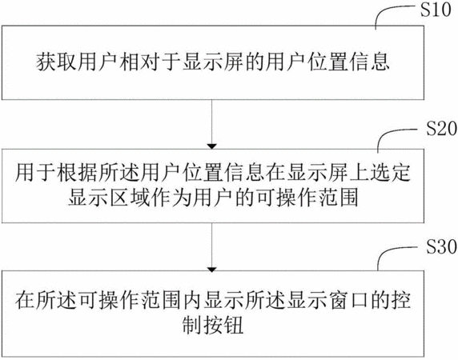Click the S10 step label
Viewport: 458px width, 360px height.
click(x=436, y=10)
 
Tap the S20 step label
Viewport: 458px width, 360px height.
click(x=441, y=129)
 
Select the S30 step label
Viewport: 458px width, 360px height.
click(x=441, y=247)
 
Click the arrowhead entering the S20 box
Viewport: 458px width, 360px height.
click(x=211, y=146)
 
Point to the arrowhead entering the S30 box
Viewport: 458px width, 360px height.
click(x=211, y=270)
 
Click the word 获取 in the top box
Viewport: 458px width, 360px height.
click(x=56, y=62)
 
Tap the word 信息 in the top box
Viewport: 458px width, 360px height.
click(x=371, y=62)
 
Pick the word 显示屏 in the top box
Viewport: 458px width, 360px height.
click(x=213, y=62)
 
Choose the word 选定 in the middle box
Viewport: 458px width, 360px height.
click(x=391, y=173)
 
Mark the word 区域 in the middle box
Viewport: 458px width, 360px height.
click(x=130, y=198)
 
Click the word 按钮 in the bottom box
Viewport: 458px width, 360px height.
click(x=223, y=326)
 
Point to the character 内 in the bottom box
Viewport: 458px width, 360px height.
click(x=193, y=300)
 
